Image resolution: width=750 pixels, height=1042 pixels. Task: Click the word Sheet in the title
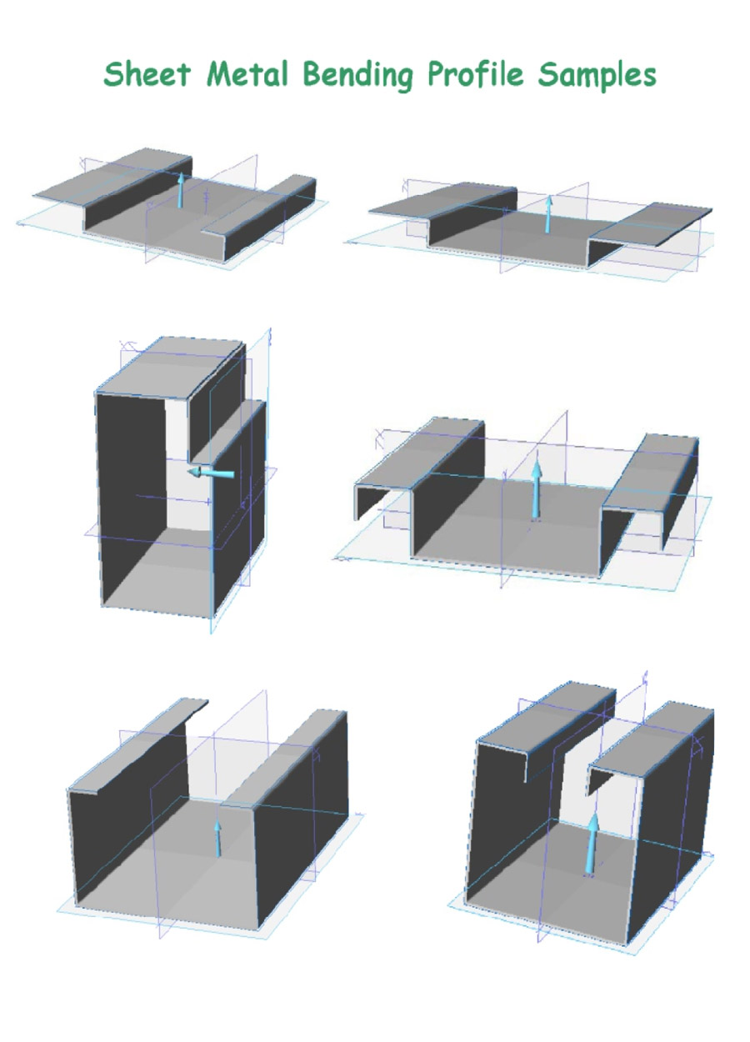147,73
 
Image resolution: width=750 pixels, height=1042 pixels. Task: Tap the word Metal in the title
247,73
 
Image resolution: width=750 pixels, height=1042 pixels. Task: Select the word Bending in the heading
358,75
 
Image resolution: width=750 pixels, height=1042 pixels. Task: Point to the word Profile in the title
476,74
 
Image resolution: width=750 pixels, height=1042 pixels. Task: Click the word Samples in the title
597,74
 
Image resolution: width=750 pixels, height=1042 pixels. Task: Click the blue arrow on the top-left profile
180,190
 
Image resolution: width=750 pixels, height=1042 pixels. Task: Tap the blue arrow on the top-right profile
549,214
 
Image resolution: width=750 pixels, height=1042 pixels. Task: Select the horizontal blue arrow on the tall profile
211,473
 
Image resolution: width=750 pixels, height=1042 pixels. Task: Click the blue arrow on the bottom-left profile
217,839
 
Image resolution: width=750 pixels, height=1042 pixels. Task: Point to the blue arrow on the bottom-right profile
592,844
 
